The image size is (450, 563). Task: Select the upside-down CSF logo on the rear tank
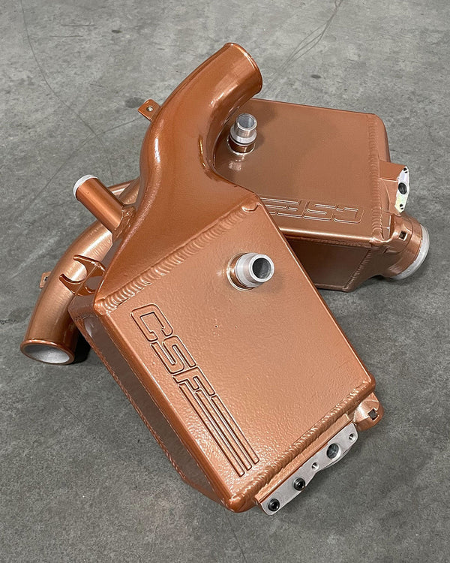coord(311,210)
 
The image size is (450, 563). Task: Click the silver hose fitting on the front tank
coord(251,270)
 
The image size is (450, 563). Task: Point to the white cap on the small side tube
coord(82,184)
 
